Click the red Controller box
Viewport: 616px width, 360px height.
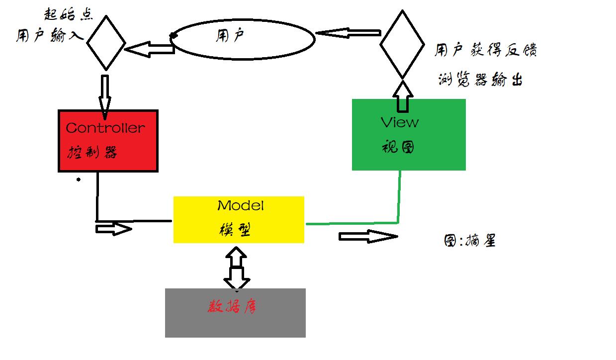[108, 141]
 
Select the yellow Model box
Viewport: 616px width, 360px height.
[239, 219]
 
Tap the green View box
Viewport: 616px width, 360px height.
[409, 135]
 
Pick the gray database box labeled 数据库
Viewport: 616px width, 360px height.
[235, 312]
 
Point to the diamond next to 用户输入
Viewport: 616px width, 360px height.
[105, 42]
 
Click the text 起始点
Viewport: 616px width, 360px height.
[68, 13]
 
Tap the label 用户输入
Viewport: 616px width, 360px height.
[48, 37]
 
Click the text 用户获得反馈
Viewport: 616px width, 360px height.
[485, 50]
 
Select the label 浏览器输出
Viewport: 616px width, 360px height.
[480, 80]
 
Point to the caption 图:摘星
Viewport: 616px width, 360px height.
[469, 241]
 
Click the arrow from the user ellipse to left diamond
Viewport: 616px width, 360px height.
[149, 49]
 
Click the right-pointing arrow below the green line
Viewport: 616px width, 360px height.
[368, 236]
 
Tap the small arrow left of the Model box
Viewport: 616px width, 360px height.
[113, 229]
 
